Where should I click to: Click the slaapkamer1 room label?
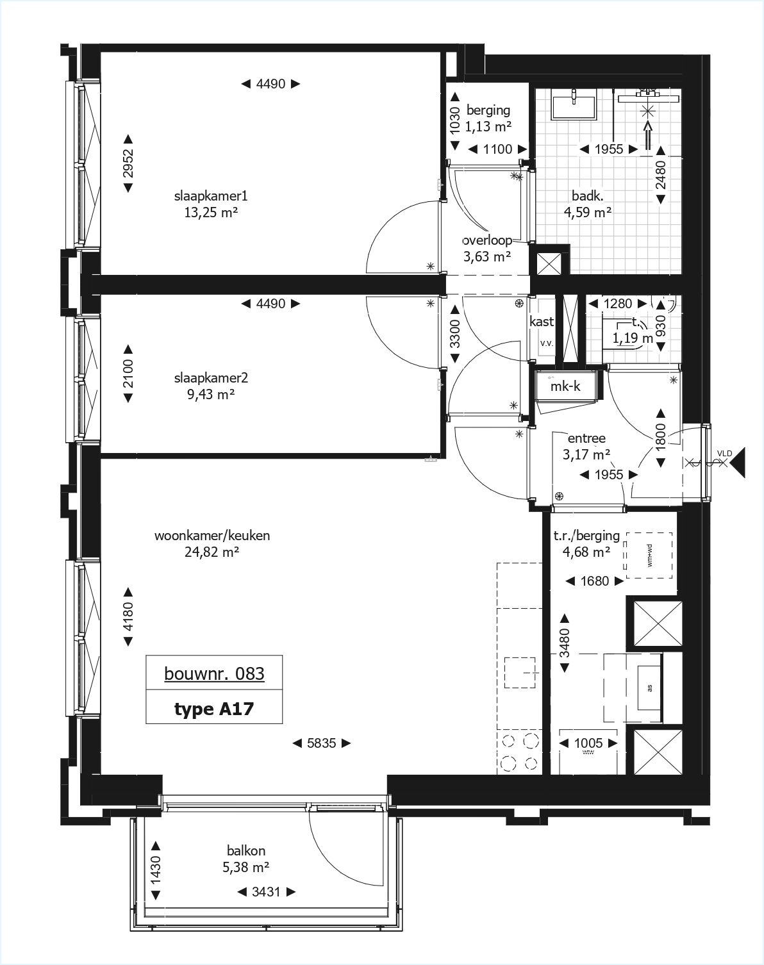210,195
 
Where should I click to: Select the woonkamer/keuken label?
212,535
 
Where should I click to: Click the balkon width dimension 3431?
266,892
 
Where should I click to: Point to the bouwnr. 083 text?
214,673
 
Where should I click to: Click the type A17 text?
214,709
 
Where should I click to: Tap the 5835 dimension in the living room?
322,743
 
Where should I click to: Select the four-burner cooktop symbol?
519,752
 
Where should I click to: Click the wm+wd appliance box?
649,555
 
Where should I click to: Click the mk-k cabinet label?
565,386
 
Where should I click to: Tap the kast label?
542,322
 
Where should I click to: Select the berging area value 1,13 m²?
488,126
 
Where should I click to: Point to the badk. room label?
587,196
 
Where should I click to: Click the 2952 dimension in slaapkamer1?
128,163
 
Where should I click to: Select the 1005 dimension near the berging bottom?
588,743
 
